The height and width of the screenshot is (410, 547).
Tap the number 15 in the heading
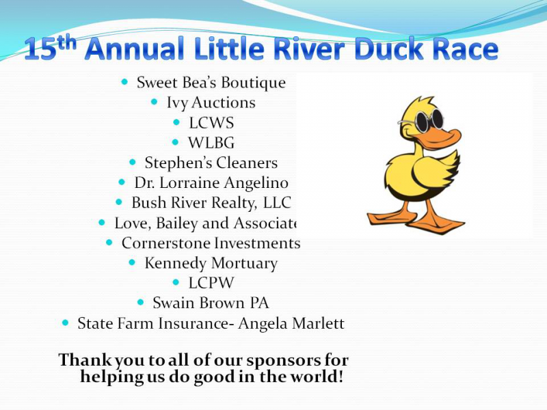(x=40, y=49)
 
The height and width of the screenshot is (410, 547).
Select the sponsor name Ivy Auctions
(x=211, y=103)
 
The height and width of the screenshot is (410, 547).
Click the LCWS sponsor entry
(x=211, y=123)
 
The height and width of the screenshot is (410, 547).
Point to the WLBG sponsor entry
(x=211, y=143)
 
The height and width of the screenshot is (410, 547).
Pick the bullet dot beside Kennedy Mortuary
(x=132, y=262)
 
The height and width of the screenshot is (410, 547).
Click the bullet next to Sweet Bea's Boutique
(x=124, y=82)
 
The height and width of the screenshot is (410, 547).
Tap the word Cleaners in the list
(x=247, y=163)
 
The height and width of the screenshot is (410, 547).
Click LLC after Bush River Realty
(x=277, y=202)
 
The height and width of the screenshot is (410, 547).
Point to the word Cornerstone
(x=165, y=243)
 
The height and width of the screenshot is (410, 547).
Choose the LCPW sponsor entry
(x=211, y=283)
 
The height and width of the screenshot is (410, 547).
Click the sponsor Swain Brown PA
(x=211, y=303)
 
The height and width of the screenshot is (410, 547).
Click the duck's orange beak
(x=440, y=138)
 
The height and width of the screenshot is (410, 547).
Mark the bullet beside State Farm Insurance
(x=65, y=323)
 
